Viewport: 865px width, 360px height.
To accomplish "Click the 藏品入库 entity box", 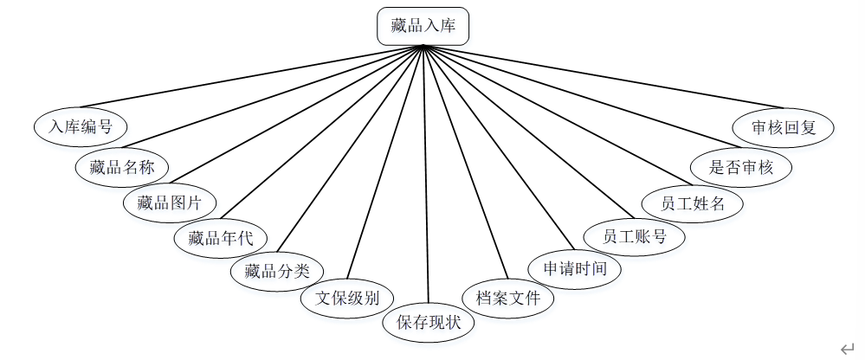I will pyautogui.click(x=423, y=26).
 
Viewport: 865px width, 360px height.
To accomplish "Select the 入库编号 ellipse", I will pyautogui.click(x=81, y=126).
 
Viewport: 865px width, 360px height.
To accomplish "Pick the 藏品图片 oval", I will pyautogui.click(x=170, y=204).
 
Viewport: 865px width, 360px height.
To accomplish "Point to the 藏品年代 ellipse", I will pyautogui.click(x=221, y=238).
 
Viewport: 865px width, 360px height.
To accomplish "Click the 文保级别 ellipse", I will pyautogui.click(x=346, y=299).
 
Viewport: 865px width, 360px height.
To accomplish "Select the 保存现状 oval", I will pyautogui.click(x=429, y=323).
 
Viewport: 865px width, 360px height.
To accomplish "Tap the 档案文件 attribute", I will pyautogui.click(x=508, y=299).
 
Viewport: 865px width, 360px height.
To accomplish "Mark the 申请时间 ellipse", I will pyautogui.click(x=575, y=268).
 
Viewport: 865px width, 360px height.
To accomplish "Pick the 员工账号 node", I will pyautogui.click(x=635, y=235).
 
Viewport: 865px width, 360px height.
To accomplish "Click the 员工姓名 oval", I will pyautogui.click(x=692, y=204).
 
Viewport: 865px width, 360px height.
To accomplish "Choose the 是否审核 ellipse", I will pyautogui.click(x=741, y=166).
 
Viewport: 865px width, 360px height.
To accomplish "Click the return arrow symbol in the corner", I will pyautogui.click(x=848, y=348).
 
